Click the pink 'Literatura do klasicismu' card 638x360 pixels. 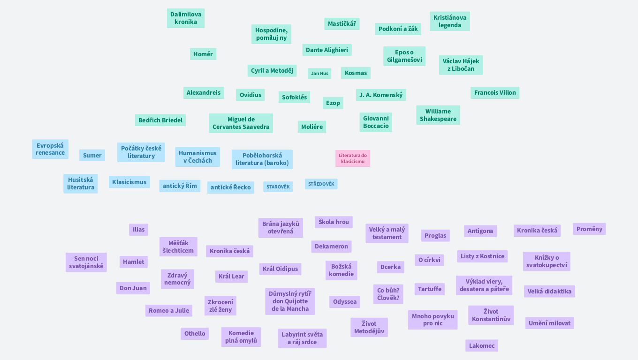353,158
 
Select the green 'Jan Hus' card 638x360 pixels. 319,74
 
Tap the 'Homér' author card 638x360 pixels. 203,54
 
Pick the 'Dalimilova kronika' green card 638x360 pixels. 186,18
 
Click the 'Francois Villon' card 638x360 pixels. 495,93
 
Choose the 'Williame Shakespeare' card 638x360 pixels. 438,115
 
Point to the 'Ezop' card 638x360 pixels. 333,103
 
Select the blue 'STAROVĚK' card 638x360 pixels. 278,187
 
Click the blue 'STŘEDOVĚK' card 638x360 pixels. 321,184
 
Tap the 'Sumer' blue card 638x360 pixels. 92,155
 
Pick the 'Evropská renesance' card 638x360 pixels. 50,149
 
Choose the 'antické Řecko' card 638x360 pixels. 231,187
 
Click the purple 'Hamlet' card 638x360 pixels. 134,262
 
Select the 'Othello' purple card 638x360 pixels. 195,334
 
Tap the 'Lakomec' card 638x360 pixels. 482,345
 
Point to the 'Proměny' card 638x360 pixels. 589,229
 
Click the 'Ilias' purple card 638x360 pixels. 138,229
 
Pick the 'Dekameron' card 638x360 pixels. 331,247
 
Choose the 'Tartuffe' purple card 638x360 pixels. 430,289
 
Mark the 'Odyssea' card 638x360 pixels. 345,302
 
